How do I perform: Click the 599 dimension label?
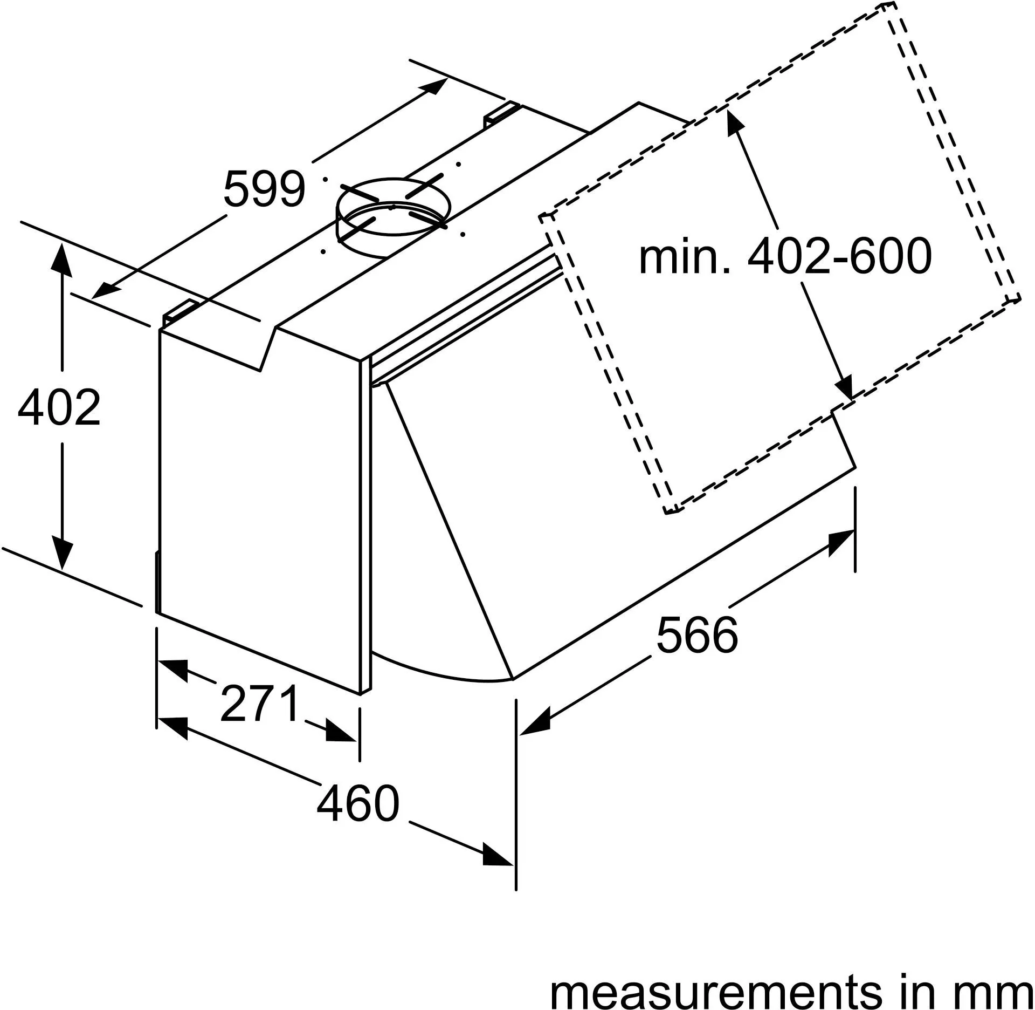point(264,189)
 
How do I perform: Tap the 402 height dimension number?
point(59,407)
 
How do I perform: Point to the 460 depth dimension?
point(358,803)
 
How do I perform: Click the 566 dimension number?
point(697,634)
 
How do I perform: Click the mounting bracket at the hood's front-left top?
point(181,312)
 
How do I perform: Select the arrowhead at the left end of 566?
point(533,724)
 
